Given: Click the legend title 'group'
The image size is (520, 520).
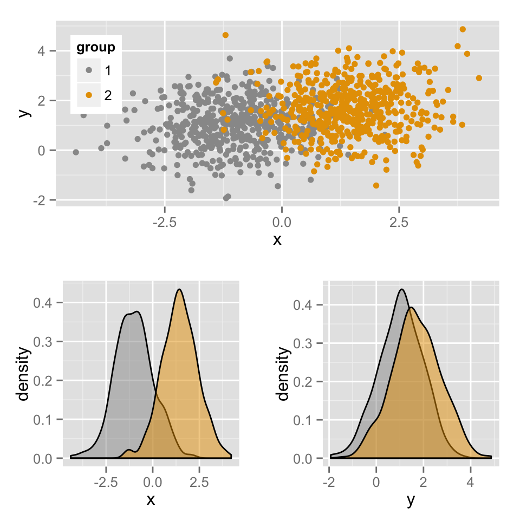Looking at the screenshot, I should (95, 48).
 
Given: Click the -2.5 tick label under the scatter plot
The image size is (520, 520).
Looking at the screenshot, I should (164, 222).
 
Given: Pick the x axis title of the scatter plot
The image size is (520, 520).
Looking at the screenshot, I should (277, 239).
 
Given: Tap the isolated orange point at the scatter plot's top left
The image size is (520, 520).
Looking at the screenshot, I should (225, 35).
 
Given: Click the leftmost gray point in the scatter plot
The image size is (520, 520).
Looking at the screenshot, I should (76, 152).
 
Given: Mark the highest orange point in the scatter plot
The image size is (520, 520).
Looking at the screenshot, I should (463, 29).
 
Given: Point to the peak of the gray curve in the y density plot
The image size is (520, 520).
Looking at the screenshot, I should (401, 289).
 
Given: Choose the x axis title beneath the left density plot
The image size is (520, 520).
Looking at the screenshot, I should (151, 500).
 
